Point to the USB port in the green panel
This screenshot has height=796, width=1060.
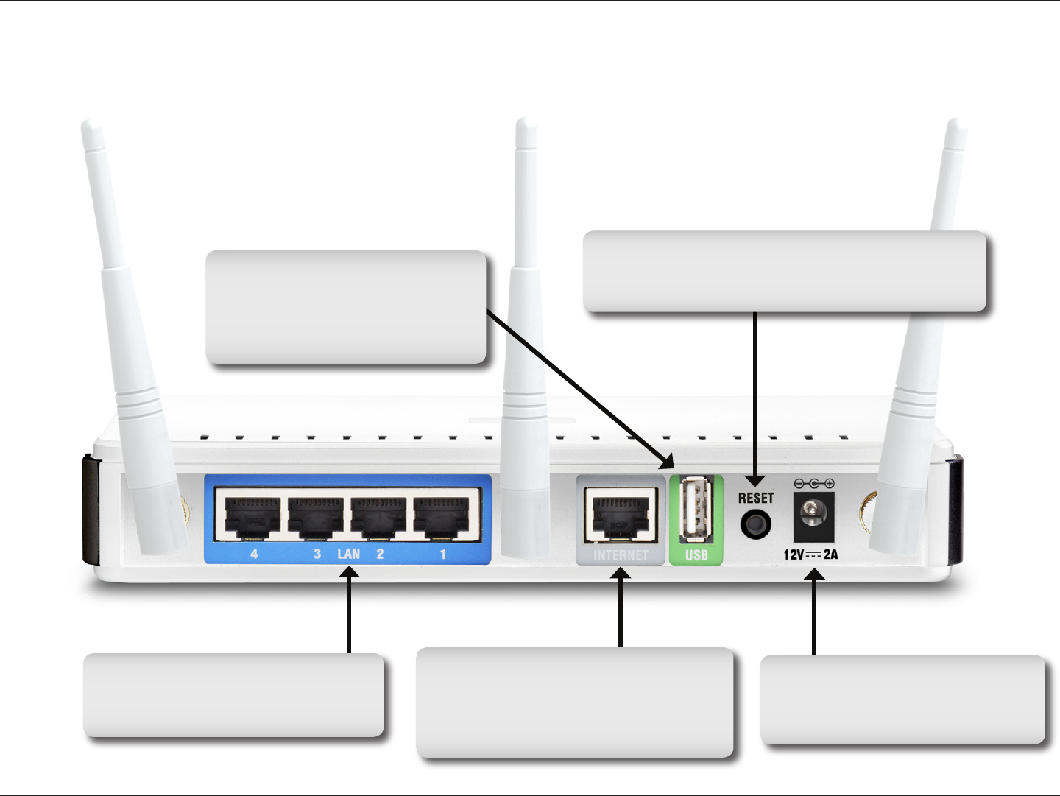(696, 510)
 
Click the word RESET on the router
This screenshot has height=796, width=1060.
(756, 498)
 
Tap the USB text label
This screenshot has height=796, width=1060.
(696, 555)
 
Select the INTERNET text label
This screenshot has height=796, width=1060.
(621, 555)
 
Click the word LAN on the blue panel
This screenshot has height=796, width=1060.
(348, 554)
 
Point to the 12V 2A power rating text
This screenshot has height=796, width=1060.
(810, 554)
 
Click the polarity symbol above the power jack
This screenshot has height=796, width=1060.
(813, 484)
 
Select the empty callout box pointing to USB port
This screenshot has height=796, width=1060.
(346, 307)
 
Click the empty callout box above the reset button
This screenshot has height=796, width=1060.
(784, 271)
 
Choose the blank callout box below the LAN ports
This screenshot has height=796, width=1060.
(233, 694)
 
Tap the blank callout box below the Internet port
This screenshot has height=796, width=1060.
(574, 702)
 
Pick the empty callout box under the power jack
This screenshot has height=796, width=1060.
(902, 700)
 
